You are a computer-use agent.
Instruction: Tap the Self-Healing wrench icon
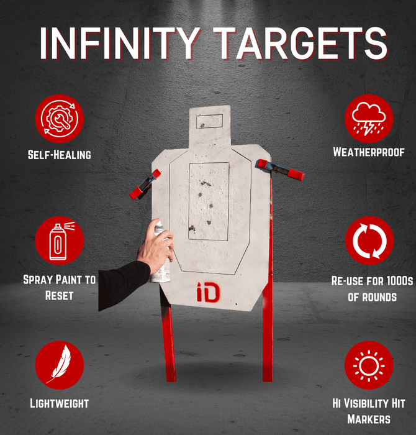(59, 117)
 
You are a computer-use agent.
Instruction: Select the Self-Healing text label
(59, 154)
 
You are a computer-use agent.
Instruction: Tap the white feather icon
(59, 365)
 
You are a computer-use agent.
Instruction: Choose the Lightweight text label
(59, 403)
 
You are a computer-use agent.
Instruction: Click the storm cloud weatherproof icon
(369, 117)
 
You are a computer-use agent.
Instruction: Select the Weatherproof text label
(369, 152)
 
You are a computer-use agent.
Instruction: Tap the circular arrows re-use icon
(369, 240)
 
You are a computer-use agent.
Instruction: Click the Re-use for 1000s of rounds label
(369, 288)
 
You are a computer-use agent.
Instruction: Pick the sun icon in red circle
(369, 365)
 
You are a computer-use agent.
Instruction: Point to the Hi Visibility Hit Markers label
(369, 410)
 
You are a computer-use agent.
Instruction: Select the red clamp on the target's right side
(281, 170)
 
